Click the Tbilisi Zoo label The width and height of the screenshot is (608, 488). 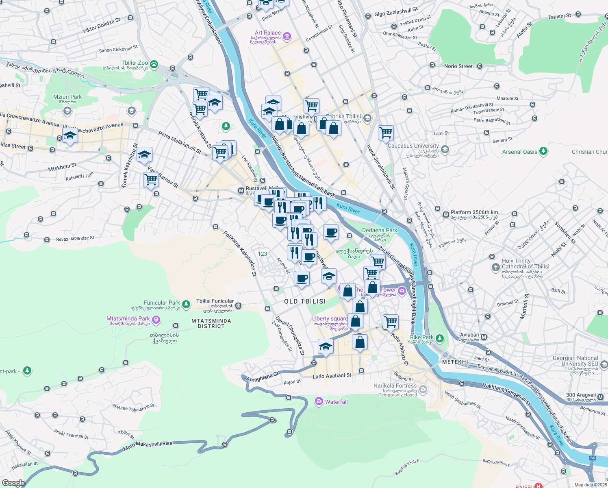[135, 63]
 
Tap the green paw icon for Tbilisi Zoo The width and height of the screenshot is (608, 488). [154, 64]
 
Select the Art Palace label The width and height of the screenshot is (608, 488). [267, 33]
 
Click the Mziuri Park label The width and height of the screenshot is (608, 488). [67, 97]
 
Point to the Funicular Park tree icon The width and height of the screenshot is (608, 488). [186, 304]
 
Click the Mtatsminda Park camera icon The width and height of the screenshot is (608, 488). [156, 320]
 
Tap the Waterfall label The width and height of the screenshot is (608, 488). [336, 402]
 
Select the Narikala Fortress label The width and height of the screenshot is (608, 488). [395, 386]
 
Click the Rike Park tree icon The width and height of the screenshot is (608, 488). [439, 338]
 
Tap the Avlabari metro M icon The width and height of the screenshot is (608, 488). [484, 337]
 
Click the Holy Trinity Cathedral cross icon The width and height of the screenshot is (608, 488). [495, 267]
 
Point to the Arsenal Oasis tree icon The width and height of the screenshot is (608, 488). [543, 151]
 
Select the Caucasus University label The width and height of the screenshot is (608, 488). [413, 146]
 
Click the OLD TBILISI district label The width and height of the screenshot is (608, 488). [305, 301]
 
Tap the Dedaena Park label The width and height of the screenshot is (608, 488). [380, 231]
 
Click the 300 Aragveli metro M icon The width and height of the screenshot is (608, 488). [600, 397]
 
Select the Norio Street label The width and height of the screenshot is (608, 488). [458, 66]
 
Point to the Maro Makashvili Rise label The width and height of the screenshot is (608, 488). [148, 446]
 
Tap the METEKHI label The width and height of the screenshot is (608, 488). [455, 362]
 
